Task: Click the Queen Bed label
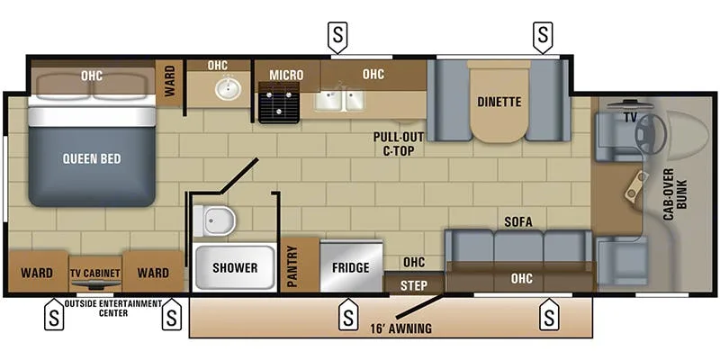click(91, 159)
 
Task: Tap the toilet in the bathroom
click(215, 220)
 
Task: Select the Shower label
click(234, 267)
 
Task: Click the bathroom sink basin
click(228, 89)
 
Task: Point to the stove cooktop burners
click(277, 103)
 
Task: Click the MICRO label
click(286, 74)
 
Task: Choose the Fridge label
click(351, 267)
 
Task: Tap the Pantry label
click(292, 267)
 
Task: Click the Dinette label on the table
click(499, 102)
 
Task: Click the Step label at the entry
click(412, 284)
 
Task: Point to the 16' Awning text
click(400, 328)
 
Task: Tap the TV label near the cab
click(630, 117)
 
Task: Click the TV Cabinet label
click(94, 273)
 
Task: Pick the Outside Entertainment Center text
click(112, 307)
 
